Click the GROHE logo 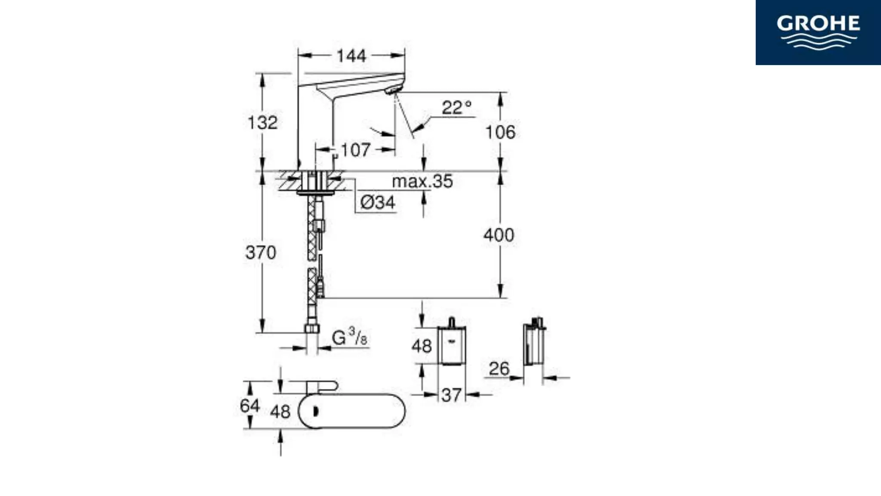(818, 32)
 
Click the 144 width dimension (351, 56)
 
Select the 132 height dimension (262, 123)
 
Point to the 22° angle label (456, 108)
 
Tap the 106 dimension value (500, 132)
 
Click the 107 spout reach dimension (355, 150)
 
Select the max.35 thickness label (422, 181)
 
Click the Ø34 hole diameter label (378, 202)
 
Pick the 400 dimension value (499, 235)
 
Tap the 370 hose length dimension (261, 252)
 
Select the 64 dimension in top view (250, 406)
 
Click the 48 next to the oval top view (280, 412)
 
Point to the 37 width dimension (451, 395)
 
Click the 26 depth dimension (499, 369)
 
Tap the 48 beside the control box (421, 346)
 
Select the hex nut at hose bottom (312, 329)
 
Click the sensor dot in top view (316, 411)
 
